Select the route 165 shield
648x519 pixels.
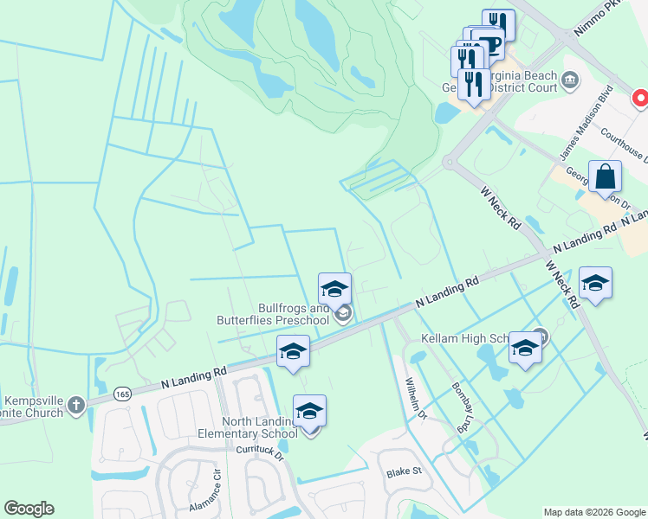pos(121,394)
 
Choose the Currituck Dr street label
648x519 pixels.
pos(260,451)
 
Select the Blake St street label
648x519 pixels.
pos(404,471)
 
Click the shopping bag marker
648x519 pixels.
pos(605,176)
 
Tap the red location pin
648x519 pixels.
pos(641,99)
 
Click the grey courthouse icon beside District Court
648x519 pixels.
pos(570,82)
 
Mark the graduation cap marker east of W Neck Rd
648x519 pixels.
pos(595,284)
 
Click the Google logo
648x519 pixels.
pos(29,509)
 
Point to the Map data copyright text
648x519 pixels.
pos(593,512)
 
